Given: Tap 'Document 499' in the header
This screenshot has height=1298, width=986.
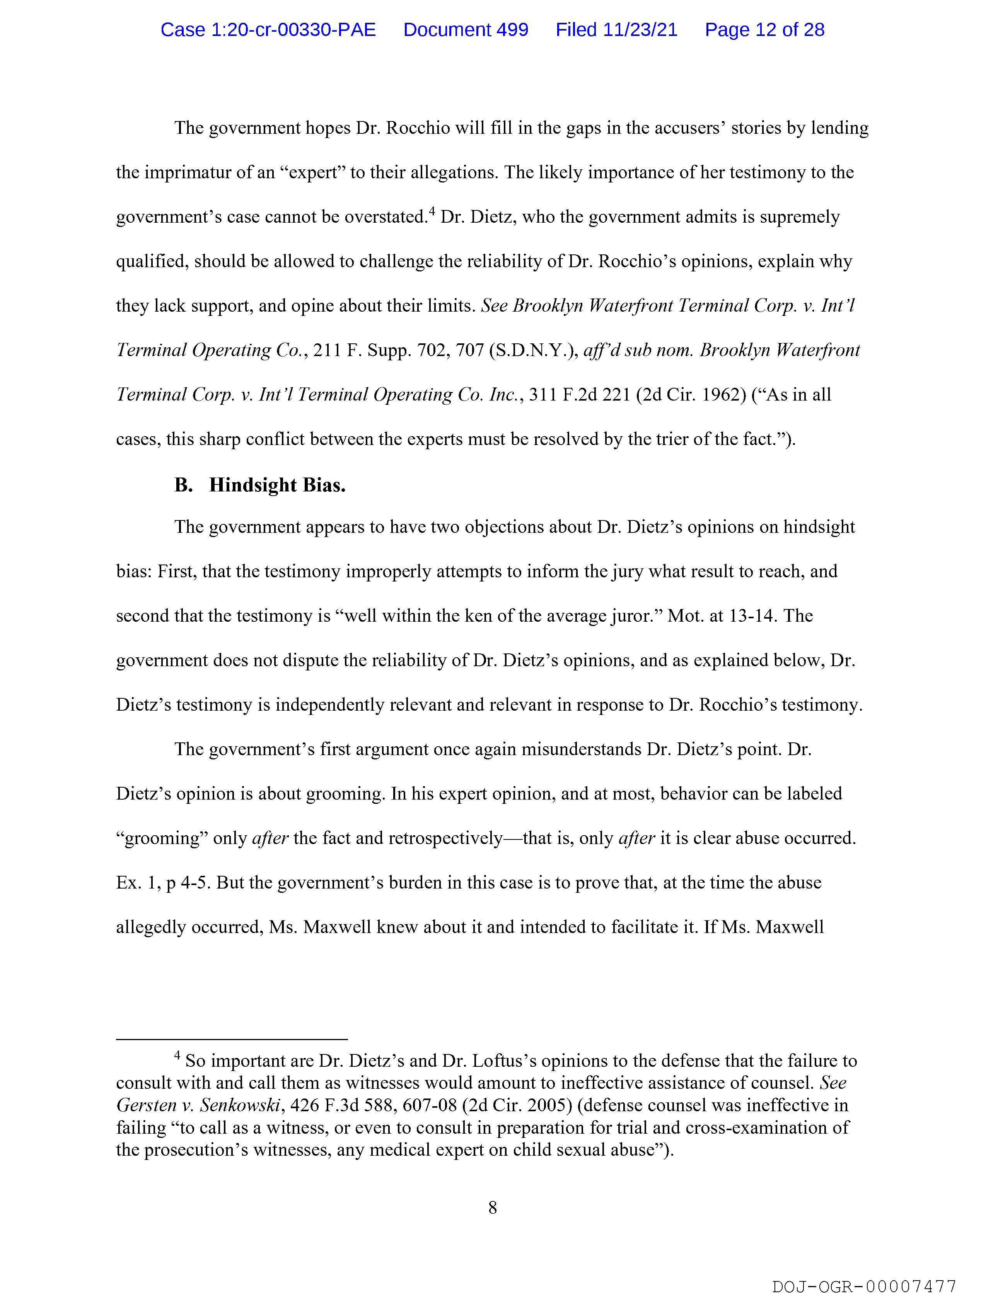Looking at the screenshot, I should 466,30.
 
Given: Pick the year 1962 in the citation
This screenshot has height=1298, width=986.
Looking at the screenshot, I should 727,395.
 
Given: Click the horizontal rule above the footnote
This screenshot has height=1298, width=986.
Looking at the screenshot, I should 232,1040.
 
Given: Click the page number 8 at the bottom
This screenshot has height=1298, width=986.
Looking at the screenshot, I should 492,1208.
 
